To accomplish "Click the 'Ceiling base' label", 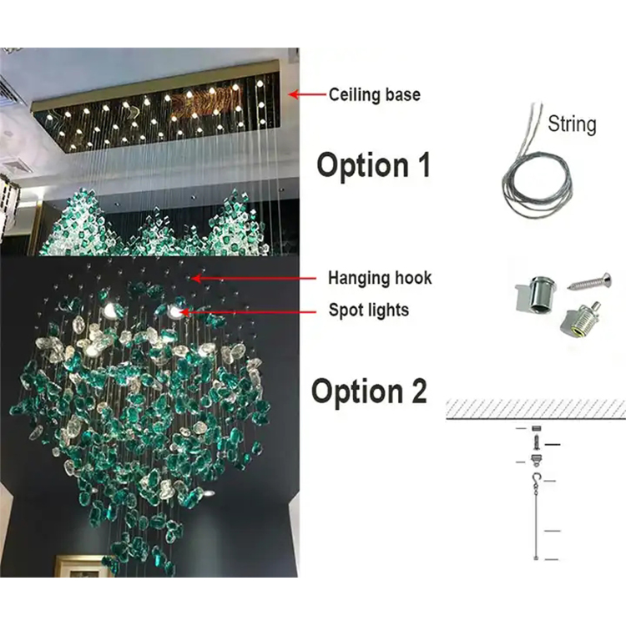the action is tap(375, 95).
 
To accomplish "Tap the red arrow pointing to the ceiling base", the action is tap(307, 94).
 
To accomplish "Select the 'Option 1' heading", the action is tap(374, 165).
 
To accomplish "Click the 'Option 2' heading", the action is tap(369, 391).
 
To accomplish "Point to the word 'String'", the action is tap(572, 124).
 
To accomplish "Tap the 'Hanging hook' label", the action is tap(380, 278).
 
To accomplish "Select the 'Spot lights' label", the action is tap(368, 310).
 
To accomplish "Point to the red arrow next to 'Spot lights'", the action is tap(248, 311).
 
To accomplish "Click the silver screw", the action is tap(589, 281).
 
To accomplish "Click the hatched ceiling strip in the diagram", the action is tap(536, 409).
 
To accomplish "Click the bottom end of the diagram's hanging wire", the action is tap(536, 558).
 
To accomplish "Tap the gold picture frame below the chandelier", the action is tap(83, 566).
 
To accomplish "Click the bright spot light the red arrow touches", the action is tap(174, 311).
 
